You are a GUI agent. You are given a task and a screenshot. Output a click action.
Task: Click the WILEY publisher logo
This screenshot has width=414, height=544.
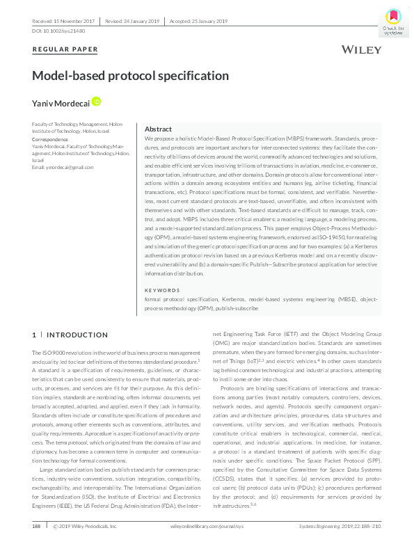pyautogui.click(x=361, y=49)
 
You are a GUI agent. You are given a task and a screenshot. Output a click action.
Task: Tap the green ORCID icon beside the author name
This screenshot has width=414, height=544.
pyautogui.click(x=96, y=102)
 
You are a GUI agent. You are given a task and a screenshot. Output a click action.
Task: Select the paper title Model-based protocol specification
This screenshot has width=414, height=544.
pyautogui.click(x=131, y=76)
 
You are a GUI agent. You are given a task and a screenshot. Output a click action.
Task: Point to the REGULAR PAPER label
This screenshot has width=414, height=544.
pyautogui.click(x=65, y=49)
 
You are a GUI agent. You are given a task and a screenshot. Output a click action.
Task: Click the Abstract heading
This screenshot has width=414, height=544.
pyautogui.click(x=158, y=129)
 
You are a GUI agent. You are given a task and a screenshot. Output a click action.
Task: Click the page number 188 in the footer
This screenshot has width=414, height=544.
pyautogui.click(x=37, y=527)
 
